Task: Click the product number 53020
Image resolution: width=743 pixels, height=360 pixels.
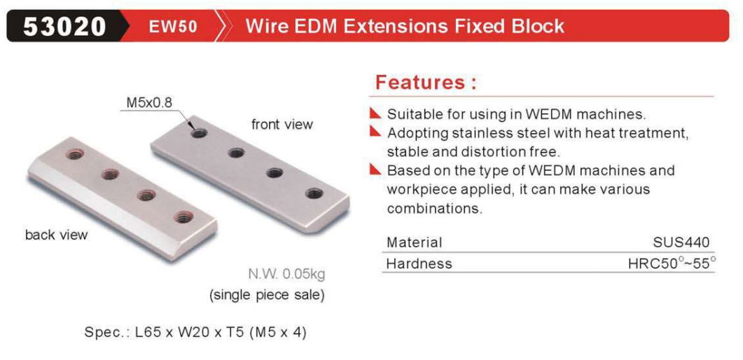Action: [x=64, y=26]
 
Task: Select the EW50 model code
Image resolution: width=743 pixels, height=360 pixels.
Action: [x=172, y=26]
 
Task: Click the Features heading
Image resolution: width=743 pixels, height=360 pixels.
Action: [x=426, y=83]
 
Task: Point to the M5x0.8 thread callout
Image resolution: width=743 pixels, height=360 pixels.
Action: [x=148, y=103]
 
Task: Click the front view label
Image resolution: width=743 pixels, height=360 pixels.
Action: [x=282, y=125]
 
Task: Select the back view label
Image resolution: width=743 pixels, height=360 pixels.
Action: [x=57, y=235]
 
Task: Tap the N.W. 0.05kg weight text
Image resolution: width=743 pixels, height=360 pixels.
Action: [x=287, y=275]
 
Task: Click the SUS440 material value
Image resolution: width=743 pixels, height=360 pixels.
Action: [x=681, y=242]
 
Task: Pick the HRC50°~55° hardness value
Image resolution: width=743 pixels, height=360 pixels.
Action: [x=672, y=263]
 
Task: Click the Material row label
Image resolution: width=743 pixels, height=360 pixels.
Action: [x=414, y=242]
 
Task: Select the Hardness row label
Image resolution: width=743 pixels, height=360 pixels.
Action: [x=419, y=263]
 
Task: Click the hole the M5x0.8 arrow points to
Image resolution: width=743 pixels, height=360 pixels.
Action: [x=200, y=133]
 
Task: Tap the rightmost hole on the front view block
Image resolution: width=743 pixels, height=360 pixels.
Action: [x=314, y=193]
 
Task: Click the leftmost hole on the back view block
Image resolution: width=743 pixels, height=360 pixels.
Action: [x=75, y=154]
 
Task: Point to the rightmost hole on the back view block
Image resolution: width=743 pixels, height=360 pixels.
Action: [x=183, y=217]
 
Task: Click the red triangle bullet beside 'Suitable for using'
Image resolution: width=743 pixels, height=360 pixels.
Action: [x=376, y=113]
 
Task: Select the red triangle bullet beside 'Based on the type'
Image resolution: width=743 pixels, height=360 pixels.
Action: [x=376, y=169]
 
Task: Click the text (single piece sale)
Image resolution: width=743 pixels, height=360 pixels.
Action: [x=268, y=295]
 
